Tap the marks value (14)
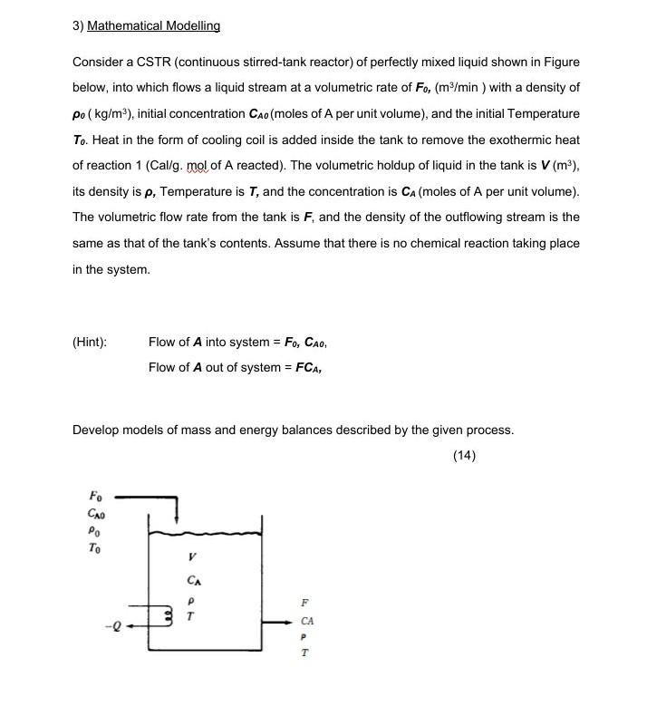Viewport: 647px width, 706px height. pos(464,455)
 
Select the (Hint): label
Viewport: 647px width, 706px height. pos(90,342)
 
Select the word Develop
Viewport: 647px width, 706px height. pos(95,430)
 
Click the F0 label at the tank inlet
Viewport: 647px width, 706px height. pos(95,496)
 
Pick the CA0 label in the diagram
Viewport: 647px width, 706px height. pos(95,513)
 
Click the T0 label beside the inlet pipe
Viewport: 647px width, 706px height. pos(95,548)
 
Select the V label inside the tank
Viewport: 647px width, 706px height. pos(191,557)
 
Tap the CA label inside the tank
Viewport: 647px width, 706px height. pos(193,580)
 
